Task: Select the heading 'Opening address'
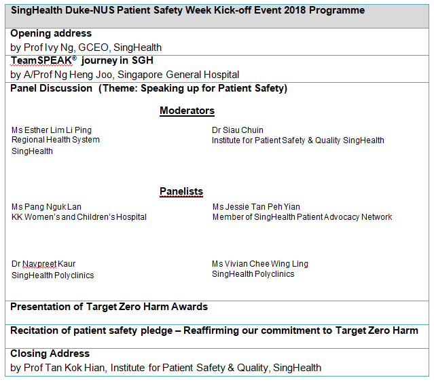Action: tap(51, 33)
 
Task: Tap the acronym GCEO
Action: tap(94, 47)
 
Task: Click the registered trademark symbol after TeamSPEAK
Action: tap(74, 58)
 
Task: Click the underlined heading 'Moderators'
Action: tap(187, 111)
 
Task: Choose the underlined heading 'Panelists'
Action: tap(181, 191)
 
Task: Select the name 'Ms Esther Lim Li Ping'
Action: tap(52, 130)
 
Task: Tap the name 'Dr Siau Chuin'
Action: tap(238, 130)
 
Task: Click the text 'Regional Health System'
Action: tap(56, 140)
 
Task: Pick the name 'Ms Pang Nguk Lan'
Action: tap(46, 207)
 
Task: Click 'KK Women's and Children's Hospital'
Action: tap(79, 217)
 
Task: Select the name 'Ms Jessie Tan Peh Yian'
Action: tap(256, 207)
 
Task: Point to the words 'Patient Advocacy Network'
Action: tap(344, 217)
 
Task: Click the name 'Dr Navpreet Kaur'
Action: tap(43, 264)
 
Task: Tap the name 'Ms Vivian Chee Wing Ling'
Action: tap(260, 264)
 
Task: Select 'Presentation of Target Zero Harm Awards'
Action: tap(109, 307)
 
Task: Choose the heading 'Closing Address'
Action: tap(50, 354)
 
